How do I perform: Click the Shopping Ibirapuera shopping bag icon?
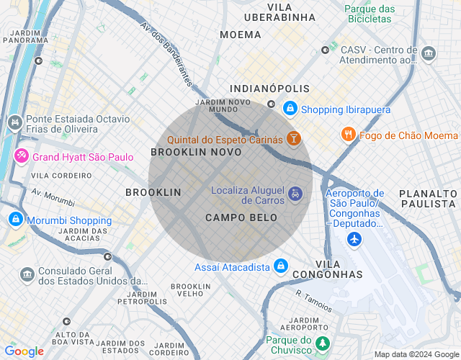tap(290, 109)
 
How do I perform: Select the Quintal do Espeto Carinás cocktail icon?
tap(293, 138)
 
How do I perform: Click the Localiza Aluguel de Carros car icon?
tap(295, 194)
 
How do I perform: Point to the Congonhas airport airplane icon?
tap(354, 239)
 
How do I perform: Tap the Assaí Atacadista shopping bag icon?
tap(280, 267)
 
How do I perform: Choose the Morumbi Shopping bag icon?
tap(14, 220)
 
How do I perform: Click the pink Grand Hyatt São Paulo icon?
tap(22, 156)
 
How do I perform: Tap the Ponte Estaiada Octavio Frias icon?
tap(14, 124)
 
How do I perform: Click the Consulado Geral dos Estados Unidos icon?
tap(27, 275)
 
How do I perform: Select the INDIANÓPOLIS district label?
tap(269, 89)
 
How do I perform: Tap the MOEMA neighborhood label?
tap(241, 35)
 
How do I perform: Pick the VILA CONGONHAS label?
tap(339, 269)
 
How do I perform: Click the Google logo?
tap(24, 351)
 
